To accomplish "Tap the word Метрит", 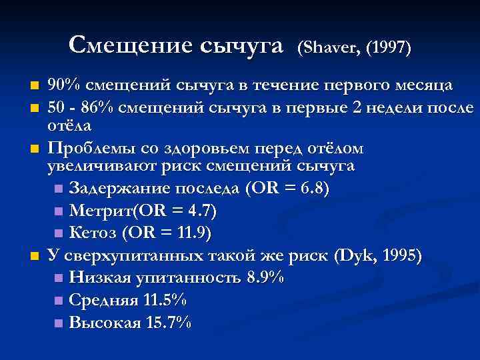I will click(97, 211).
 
